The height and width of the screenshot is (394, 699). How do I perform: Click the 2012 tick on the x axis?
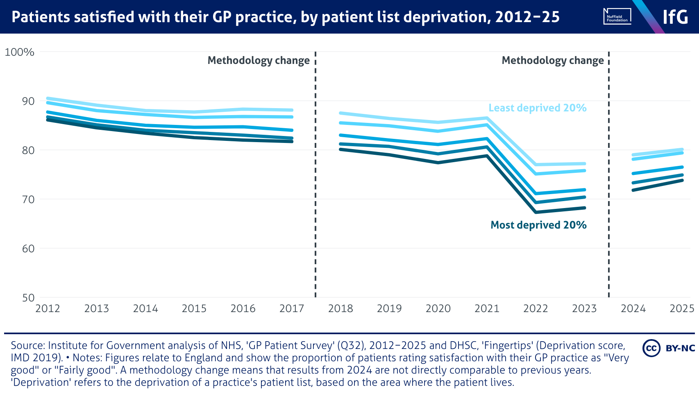click(x=48, y=308)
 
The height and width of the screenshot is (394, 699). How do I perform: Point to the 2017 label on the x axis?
click(x=291, y=308)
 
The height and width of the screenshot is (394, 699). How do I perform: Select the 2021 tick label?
click(x=487, y=308)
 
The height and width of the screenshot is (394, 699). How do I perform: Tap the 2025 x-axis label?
click(x=682, y=308)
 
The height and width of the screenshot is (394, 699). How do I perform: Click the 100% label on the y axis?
click(x=19, y=52)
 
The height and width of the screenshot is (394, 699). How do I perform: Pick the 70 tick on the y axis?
click(x=28, y=199)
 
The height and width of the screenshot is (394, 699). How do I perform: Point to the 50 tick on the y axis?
click(x=28, y=298)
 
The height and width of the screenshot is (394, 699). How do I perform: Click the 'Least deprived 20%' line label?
click(x=537, y=108)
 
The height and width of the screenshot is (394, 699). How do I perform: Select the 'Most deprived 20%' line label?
click(x=538, y=225)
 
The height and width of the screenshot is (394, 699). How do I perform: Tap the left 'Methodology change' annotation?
click(x=259, y=61)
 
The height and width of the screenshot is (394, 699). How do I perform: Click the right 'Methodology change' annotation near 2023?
click(x=553, y=61)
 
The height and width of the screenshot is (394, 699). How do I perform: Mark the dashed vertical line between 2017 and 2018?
click(x=315, y=184)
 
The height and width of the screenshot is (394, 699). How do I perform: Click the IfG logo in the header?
click(x=675, y=17)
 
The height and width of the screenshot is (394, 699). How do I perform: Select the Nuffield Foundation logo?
click(x=617, y=17)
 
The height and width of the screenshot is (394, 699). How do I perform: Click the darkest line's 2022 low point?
click(x=536, y=212)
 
